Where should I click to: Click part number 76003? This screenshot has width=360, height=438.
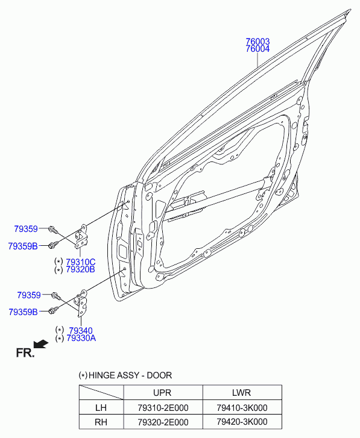click(x=257, y=42)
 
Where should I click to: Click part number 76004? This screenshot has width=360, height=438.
click(x=257, y=49)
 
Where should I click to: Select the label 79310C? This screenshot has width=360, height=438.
click(x=80, y=262)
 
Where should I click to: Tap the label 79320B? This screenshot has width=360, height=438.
click(x=80, y=269)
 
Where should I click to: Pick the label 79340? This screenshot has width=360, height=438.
click(x=81, y=330)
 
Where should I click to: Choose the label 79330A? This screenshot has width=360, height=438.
click(x=81, y=338)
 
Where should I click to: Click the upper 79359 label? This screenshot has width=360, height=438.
click(x=26, y=229)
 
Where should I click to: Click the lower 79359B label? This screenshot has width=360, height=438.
click(x=23, y=312)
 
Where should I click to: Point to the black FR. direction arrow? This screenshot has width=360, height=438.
click(x=41, y=344)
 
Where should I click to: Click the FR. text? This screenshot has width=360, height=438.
click(x=25, y=353)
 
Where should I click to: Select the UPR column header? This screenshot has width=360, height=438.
click(x=162, y=392)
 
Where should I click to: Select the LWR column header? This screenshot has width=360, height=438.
click(x=241, y=392)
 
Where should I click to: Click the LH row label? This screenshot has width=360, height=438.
click(x=101, y=407)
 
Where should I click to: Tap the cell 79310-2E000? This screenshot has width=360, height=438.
click(x=163, y=407)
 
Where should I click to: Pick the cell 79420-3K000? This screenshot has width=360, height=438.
click(x=242, y=422)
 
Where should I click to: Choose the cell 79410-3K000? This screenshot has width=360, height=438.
click(x=242, y=407)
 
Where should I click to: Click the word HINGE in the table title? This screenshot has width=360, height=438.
click(x=101, y=375)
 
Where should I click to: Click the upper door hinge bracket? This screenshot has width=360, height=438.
click(x=80, y=236)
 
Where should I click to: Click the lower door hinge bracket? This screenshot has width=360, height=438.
click(x=80, y=304)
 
